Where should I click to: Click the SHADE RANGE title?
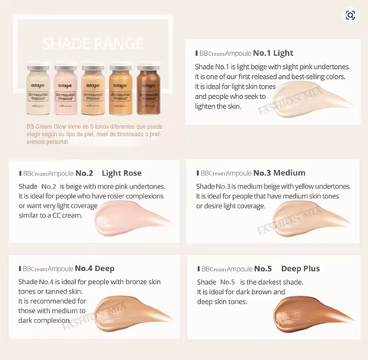[95, 42]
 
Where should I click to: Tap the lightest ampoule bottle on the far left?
[38, 90]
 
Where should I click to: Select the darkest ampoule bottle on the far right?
[147, 90]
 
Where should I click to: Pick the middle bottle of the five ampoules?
[93, 90]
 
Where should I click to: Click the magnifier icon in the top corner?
[350, 15]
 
